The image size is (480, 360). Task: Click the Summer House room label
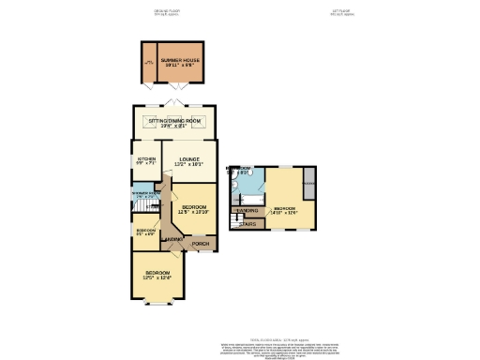tap(179, 63)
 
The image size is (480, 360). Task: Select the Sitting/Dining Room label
tap(175, 123)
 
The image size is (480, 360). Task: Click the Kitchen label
tap(146, 162)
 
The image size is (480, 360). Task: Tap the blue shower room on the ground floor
tap(146, 197)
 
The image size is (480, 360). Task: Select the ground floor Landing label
tap(173, 241)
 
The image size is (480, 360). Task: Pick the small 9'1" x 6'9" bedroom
tap(145, 232)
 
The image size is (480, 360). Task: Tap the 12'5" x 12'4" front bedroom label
tap(158, 277)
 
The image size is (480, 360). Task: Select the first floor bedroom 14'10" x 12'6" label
tap(285, 210)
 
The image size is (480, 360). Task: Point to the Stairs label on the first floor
tap(248, 224)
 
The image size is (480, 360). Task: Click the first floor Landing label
tap(247, 211)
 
